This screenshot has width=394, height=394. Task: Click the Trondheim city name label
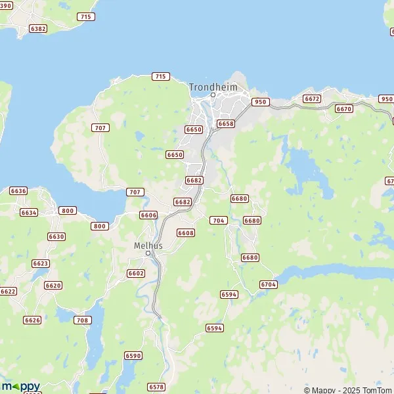(213, 87)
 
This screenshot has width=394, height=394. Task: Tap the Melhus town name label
(148, 245)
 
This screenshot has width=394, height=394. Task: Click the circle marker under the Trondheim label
(213, 95)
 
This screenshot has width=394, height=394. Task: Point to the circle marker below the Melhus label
(148, 253)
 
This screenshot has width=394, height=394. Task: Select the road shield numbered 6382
(39, 29)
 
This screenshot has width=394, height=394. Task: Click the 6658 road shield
(226, 123)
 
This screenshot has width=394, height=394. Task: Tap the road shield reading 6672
(312, 98)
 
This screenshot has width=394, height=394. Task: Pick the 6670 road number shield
(344, 109)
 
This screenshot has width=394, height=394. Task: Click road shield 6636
(18, 190)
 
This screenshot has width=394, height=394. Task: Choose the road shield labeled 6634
(29, 213)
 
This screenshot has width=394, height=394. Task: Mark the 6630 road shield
(56, 236)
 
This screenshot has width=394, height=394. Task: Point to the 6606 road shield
(148, 215)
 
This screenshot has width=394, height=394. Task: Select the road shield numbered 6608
(186, 232)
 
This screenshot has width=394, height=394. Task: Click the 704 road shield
(218, 220)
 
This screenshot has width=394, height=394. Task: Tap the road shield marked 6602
(136, 273)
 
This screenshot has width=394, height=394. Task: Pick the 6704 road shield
(269, 284)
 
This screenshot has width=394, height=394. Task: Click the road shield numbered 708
(82, 320)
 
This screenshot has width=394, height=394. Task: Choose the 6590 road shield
(133, 355)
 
